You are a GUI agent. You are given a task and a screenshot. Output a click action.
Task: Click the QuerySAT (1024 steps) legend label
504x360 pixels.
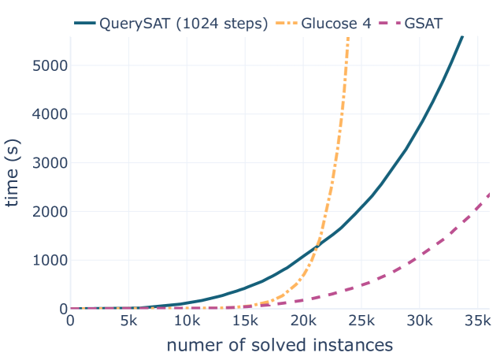[x=183, y=24]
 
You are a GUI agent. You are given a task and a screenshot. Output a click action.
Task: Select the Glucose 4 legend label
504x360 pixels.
[x=336, y=24]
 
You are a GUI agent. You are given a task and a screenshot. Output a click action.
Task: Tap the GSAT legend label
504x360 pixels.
[x=424, y=24]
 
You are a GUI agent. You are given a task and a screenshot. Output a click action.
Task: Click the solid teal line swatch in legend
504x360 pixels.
[x=85, y=23]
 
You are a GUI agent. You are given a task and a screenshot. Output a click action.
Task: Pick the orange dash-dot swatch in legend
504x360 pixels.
[x=287, y=23]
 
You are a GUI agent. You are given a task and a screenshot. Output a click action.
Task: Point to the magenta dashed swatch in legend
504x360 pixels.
[x=390, y=23]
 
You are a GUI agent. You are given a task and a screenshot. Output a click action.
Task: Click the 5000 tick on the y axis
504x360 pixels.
[x=50, y=65]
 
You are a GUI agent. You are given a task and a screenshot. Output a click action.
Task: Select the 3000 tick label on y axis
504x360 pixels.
[x=50, y=163]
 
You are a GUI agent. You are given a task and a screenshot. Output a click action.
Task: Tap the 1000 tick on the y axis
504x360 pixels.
[x=50, y=260]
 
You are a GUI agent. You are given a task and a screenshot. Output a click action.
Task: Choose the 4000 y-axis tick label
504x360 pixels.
[x=50, y=114]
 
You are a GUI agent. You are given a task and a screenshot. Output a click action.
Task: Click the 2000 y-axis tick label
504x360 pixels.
[x=50, y=211]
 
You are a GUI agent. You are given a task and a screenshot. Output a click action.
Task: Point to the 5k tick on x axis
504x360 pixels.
[x=128, y=321]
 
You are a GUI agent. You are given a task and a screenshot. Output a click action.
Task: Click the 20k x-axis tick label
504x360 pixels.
[x=303, y=321]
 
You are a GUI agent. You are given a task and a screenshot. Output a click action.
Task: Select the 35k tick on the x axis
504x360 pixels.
[x=478, y=321]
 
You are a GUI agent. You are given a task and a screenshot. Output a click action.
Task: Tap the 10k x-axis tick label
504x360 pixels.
[x=187, y=321]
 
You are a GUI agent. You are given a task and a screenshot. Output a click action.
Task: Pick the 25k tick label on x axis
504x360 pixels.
[x=361, y=321]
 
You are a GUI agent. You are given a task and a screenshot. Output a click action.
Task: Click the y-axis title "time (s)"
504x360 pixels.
[x=13, y=173]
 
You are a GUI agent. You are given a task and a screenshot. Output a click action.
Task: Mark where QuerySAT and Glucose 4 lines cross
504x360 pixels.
[x=317, y=247]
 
